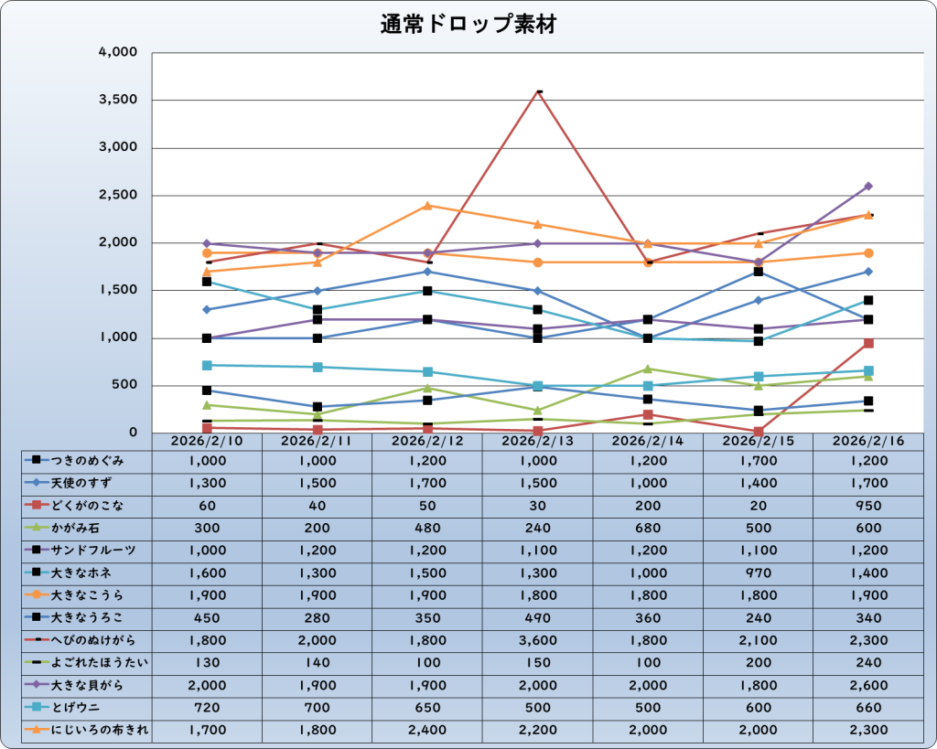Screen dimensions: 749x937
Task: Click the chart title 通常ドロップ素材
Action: (468, 25)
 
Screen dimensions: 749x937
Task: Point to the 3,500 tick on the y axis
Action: (118, 100)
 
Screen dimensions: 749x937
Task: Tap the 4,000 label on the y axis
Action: (118, 52)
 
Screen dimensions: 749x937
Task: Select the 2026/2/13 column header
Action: (537, 441)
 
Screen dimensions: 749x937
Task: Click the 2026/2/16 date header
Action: (868, 441)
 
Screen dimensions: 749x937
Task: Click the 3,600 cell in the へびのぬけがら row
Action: (537, 640)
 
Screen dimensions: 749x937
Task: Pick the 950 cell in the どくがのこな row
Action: (868, 505)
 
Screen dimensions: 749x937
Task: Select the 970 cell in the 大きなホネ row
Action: (758, 572)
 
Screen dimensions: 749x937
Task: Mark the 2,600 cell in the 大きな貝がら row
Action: (868, 685)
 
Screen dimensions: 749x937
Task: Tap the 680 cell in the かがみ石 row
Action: (648, 528)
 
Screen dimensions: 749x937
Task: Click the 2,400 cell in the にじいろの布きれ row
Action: (427, 730)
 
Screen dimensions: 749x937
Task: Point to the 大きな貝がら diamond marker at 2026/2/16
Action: (868, 186)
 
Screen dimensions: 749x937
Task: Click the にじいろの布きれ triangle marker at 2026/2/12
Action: (427, 205)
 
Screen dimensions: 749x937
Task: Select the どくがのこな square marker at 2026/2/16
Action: (868, 343)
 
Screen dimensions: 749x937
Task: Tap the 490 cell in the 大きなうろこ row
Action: (537, 617)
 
